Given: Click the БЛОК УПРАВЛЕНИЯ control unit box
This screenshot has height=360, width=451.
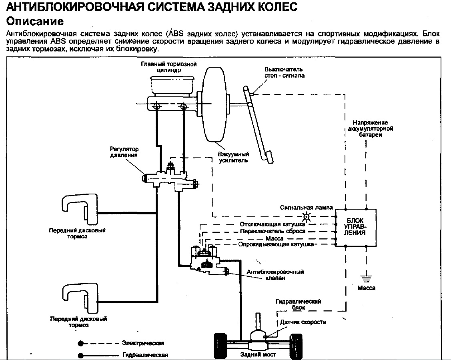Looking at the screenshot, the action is coord(356,228).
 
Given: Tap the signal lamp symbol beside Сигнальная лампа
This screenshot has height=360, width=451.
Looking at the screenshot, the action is coord(306,216).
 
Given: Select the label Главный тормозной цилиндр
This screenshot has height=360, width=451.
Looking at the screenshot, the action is coord(168,67).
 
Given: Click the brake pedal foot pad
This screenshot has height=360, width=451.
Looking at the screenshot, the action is coord(267,157).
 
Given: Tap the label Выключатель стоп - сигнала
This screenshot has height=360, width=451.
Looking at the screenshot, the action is coord(284,72).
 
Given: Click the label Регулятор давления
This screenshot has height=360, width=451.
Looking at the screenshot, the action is coord(124,152).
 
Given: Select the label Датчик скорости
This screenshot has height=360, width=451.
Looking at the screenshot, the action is coord(303,322).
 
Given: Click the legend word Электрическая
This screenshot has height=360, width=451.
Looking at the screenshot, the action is coord(143,343).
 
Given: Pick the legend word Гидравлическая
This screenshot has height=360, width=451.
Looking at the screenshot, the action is coord(145,355).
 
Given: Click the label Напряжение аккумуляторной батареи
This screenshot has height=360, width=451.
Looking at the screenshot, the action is coord(370,128).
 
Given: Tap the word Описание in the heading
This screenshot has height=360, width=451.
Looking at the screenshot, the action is coord(35,21).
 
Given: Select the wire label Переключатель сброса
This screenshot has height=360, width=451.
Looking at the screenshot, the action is coord(273,231).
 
